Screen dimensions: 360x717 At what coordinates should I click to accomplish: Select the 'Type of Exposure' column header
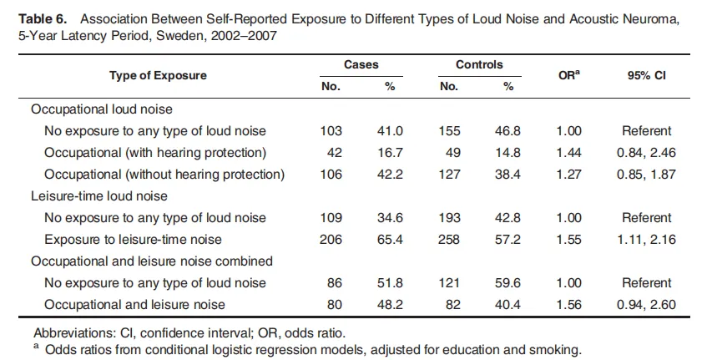(158, 75)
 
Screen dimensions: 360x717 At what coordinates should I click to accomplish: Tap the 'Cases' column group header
(361, 64)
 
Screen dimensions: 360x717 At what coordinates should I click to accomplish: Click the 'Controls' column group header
(478, 64)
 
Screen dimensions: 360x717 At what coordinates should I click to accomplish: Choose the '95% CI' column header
(646, 75)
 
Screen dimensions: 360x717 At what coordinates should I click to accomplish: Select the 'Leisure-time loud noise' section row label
(99, 196)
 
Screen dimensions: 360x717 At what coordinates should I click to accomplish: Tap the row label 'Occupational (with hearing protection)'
(155, 152)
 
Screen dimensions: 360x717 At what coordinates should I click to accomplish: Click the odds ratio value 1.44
(568, 152)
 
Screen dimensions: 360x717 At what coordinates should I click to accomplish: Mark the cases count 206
(331, 240)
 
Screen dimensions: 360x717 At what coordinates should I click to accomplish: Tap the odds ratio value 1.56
(568, 305)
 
